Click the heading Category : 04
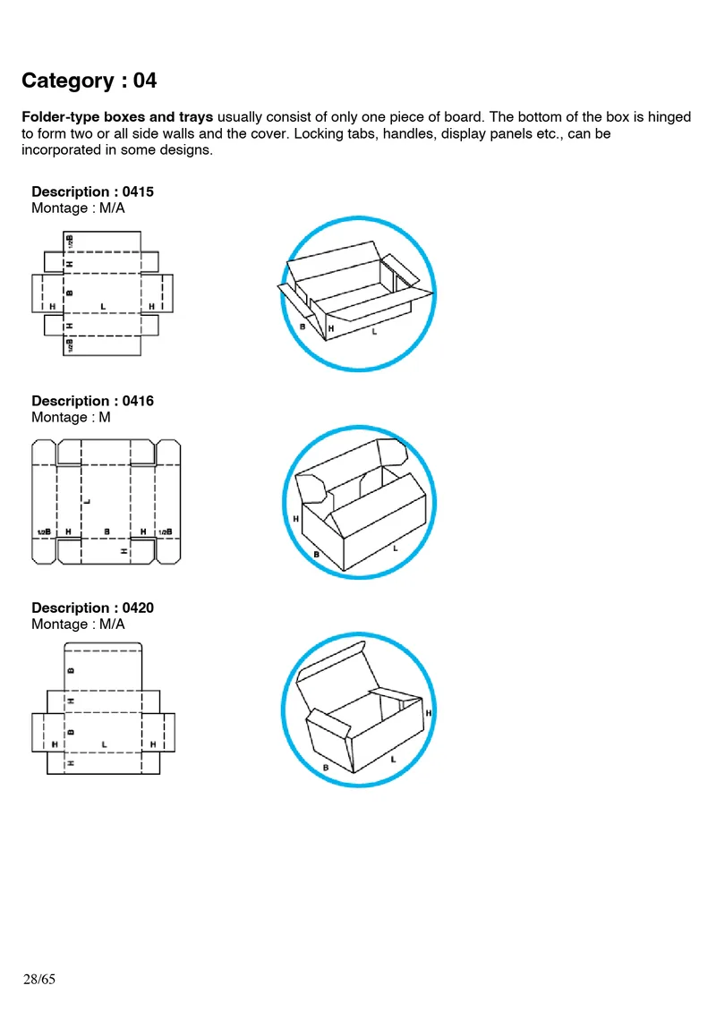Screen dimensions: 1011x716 click(x=89, y=81)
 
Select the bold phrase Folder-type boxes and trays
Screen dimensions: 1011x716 click(x=117, y=117)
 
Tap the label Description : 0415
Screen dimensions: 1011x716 click(x=92, y=191)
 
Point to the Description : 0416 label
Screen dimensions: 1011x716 click(x=92, y=401)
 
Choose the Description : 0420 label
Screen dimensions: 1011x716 click(x=92, y=608)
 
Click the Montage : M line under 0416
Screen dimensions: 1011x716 click(x=71, y=417)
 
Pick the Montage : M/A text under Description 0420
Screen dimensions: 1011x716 click(x=78, y=624)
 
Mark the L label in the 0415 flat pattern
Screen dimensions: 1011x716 click(x=104, y=306)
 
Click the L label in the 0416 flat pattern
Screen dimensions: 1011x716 click(x=87, y=500)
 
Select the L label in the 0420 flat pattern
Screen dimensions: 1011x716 click(x=105, y=744)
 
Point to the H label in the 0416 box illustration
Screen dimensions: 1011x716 click(x=295, y=518)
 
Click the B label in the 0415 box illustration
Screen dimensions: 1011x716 click(x=303, y=327)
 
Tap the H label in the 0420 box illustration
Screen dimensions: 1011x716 click(x=429, y=713)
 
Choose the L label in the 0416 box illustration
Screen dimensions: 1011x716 click(x=395, y=548)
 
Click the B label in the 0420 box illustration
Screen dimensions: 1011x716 click(x=325, y=768)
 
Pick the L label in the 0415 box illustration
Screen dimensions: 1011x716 click(x=374, y=332)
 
